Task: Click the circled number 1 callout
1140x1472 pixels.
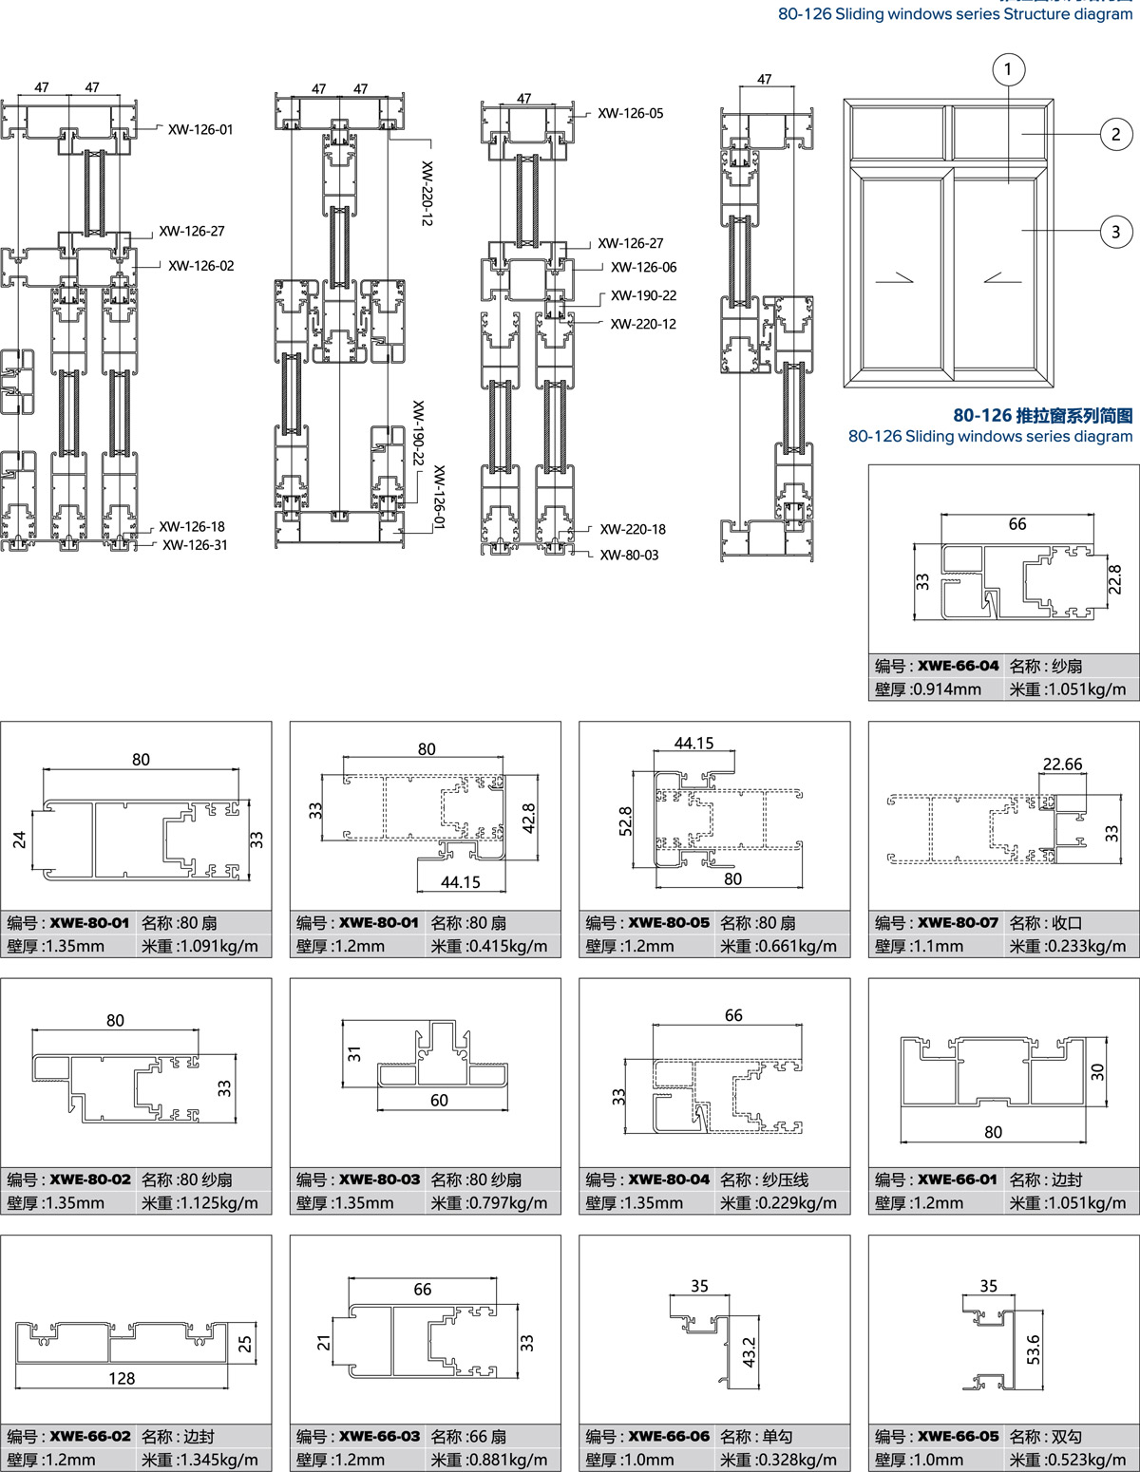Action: pyautogui.click(x=1009, y=69)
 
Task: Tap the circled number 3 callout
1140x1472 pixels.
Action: pyautogui.click(x=1115, y=232)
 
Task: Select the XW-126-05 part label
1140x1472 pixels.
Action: pyautogui.click(x=630, y=113)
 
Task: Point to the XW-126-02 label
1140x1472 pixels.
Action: pyautogui.click(x=201, y=266)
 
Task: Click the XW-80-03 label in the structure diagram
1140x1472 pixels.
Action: pyautogui.click(x=629, y=555)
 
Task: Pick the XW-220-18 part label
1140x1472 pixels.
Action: pyautogui.click(x=633, y=529)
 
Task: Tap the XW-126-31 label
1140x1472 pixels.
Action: pyautogui.click(x=195, y=544)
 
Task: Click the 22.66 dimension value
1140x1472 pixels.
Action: pyautogui.click(x=1062, y=764)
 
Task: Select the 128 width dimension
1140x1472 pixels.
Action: pyautogui.click(x=122, y=1379)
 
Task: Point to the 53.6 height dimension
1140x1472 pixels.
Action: pyautogui.click(x=1033, y=1350)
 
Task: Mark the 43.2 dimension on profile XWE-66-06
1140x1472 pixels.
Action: pyautogui.click(x=749, y=1351)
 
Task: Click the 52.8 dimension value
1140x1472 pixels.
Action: pyautogui.click(x=624, y=821)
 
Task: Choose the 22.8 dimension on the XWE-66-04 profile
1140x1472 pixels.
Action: pyautogui.click(x=1114, y=579)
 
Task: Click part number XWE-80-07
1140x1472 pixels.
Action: pyautogui.click(x=958, y=923)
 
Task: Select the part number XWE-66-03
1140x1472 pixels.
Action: pyautogui.click(x=379, y=1436)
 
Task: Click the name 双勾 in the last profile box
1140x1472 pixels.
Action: pyautogui.click(x=1066, y=1436)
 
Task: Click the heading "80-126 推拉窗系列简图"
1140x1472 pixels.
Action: pyautogui.click(x=1043, y=415)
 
